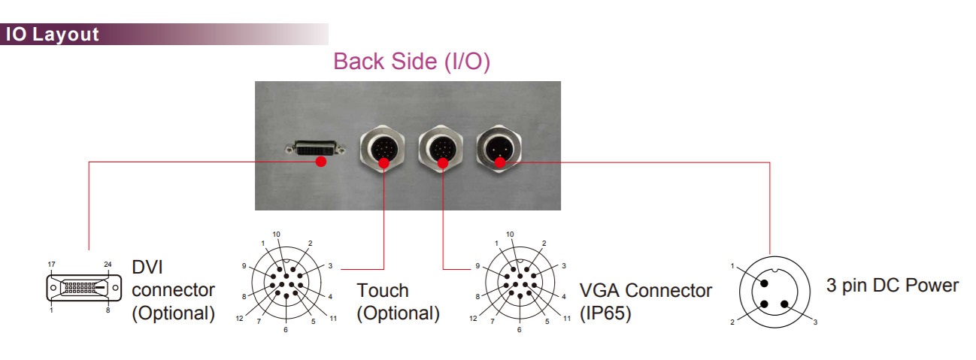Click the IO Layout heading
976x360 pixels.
(x=53, y=35)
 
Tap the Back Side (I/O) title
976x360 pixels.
(x=411, y=62)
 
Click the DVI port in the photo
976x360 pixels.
(x=311, y=150)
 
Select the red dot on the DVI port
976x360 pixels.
(x=321, y=161)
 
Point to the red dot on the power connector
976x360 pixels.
(x=499, y=161)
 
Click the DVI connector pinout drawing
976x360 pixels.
(x=83, y=288)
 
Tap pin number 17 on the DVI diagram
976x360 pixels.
(x=51, y=265)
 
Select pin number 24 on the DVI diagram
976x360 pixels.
(x=108, y=265)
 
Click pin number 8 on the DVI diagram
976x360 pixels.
(x=108, y=309)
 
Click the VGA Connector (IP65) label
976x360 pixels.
(x=645, y=301)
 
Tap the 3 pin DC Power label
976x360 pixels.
(x=893, y=286)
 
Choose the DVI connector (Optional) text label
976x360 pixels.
(x=173, y=290)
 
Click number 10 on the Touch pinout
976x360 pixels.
(x=277, y=234)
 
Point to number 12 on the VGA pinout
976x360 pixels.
(x=472, y=318)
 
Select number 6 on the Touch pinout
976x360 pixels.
(x=285, y=330)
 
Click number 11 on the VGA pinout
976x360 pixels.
(x=566, y=318)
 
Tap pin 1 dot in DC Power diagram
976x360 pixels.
(x=765, y=283)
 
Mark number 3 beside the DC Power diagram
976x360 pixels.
(x=815, y=322)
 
